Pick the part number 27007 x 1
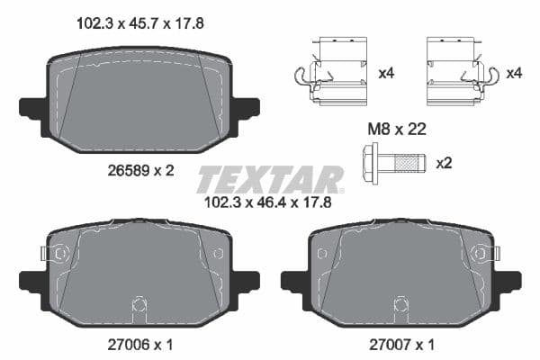point(400,345)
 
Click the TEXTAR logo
point(269,178)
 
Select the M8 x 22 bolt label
point(397,130)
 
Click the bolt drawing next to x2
point(396,164)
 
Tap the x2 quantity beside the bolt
point(444,164)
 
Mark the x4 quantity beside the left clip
point(386,73)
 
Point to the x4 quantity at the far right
point(515,73)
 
